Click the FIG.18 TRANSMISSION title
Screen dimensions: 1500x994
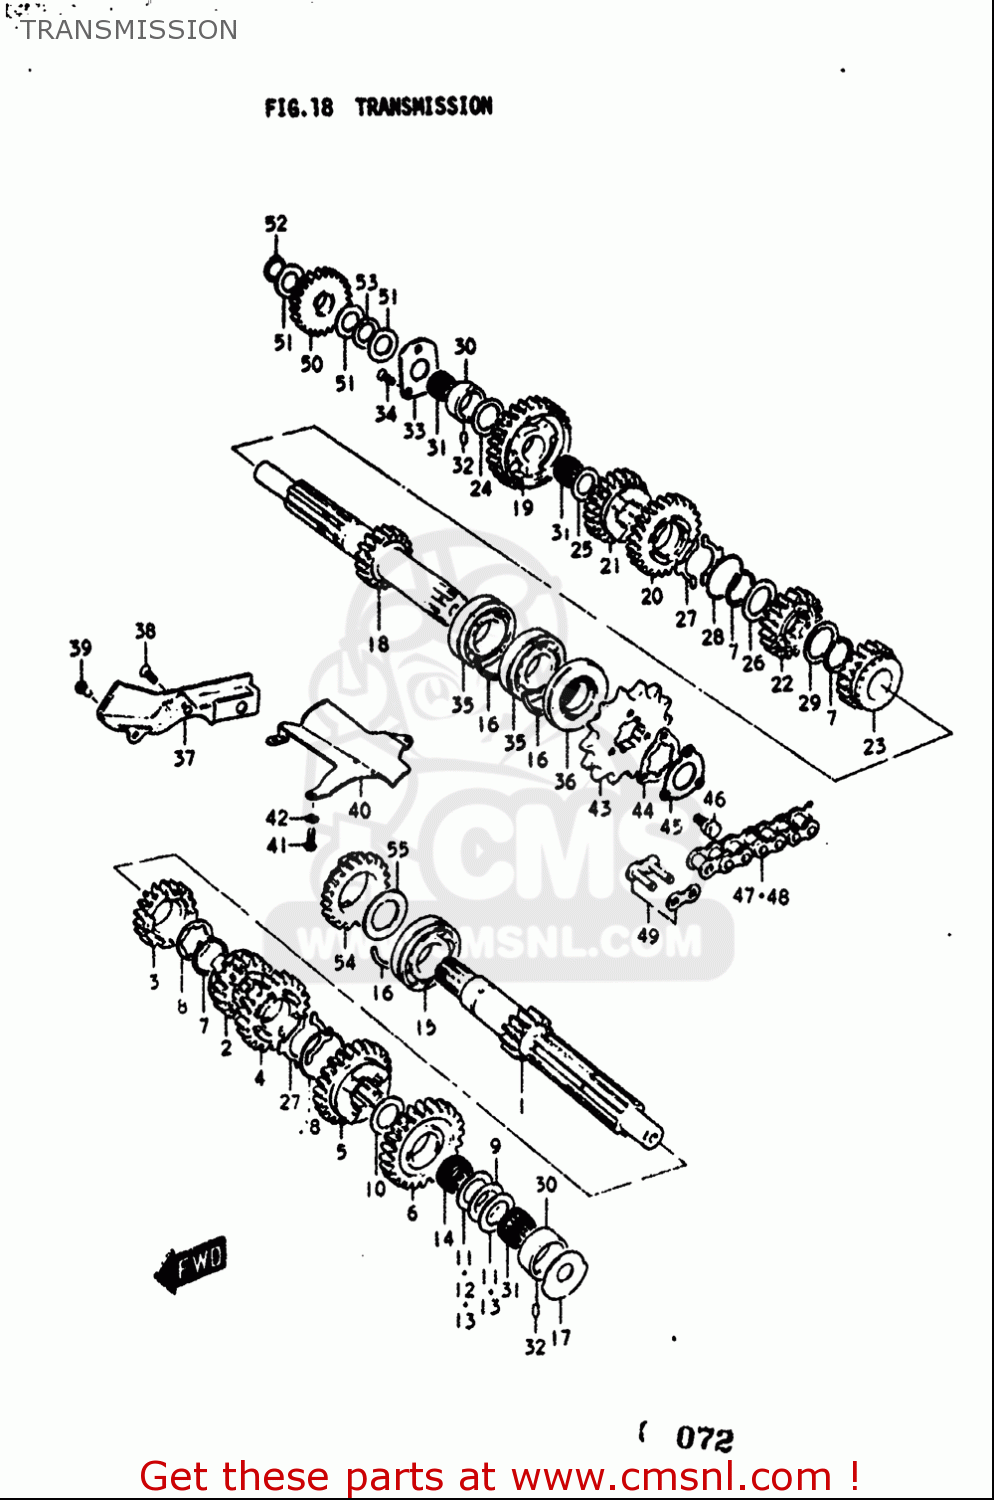coord(378,107)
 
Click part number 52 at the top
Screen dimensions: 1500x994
coord(275,224)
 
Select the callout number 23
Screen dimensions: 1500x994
coord(874,746)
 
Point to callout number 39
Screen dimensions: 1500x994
coord(80,648)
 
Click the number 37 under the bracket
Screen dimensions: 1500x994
coord(184,758)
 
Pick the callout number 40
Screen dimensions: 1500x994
coord(359,811)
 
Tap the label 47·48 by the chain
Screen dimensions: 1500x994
coord(761,896)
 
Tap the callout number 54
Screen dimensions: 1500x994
coord(345,962)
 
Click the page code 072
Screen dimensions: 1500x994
coord(704,1439)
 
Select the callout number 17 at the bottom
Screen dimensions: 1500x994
coord(561,1338)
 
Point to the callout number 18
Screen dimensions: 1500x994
coord(378,644)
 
